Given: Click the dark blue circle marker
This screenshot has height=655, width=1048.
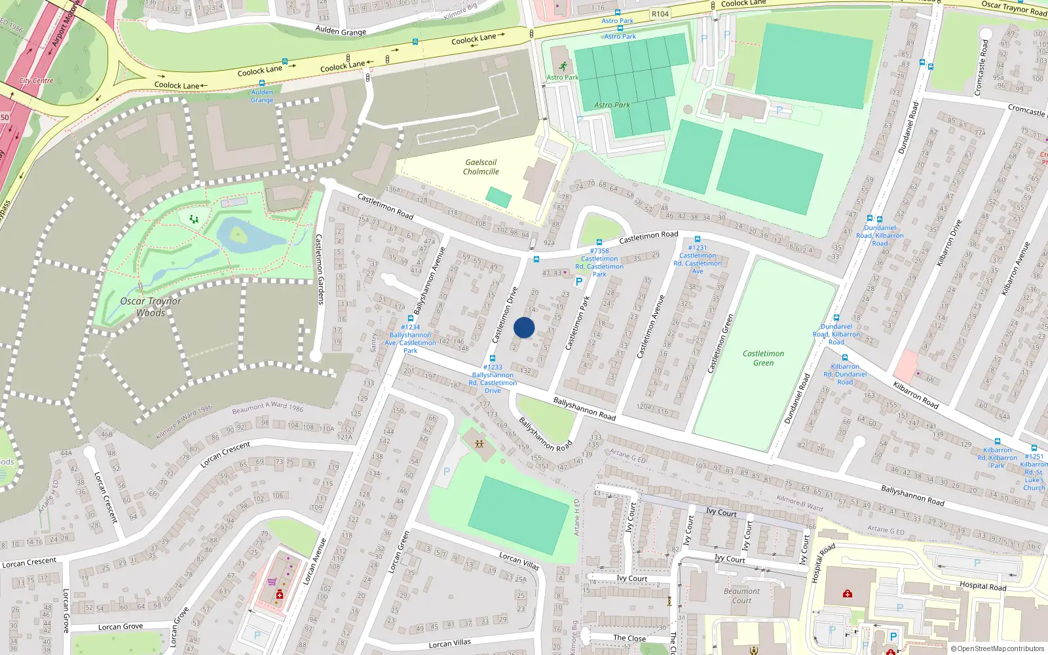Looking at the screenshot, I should click(x=524, y=327).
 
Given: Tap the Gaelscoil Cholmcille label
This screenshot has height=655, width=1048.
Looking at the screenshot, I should click(x=481, y=167).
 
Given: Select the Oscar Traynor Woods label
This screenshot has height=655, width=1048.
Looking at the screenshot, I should click(x=151, y=307).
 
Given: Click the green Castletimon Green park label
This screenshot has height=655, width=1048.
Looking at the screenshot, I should click(x=763, y=358).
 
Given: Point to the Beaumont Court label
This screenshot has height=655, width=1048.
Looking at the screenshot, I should click(x=741, y=595).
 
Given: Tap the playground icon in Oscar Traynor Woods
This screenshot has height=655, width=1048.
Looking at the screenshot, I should click(x=193, y=219).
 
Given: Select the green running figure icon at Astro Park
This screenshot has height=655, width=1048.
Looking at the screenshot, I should click(x=563, y=66).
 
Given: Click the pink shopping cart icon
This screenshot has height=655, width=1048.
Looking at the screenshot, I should click(x=272, y=582).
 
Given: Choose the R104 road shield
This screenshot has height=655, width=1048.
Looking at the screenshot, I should click(x=660, y=14).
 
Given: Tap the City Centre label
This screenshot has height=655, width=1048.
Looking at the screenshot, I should click(x=37, y=81).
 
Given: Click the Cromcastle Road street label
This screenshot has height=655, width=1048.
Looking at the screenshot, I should click(x=982, y=68).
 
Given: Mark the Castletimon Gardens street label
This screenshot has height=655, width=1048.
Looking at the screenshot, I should click(x=319, y=269).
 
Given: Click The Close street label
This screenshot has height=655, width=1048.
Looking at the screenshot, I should click(x=629, y=638).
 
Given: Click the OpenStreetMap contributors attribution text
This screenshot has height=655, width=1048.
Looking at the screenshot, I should click(x=998, y=648).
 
